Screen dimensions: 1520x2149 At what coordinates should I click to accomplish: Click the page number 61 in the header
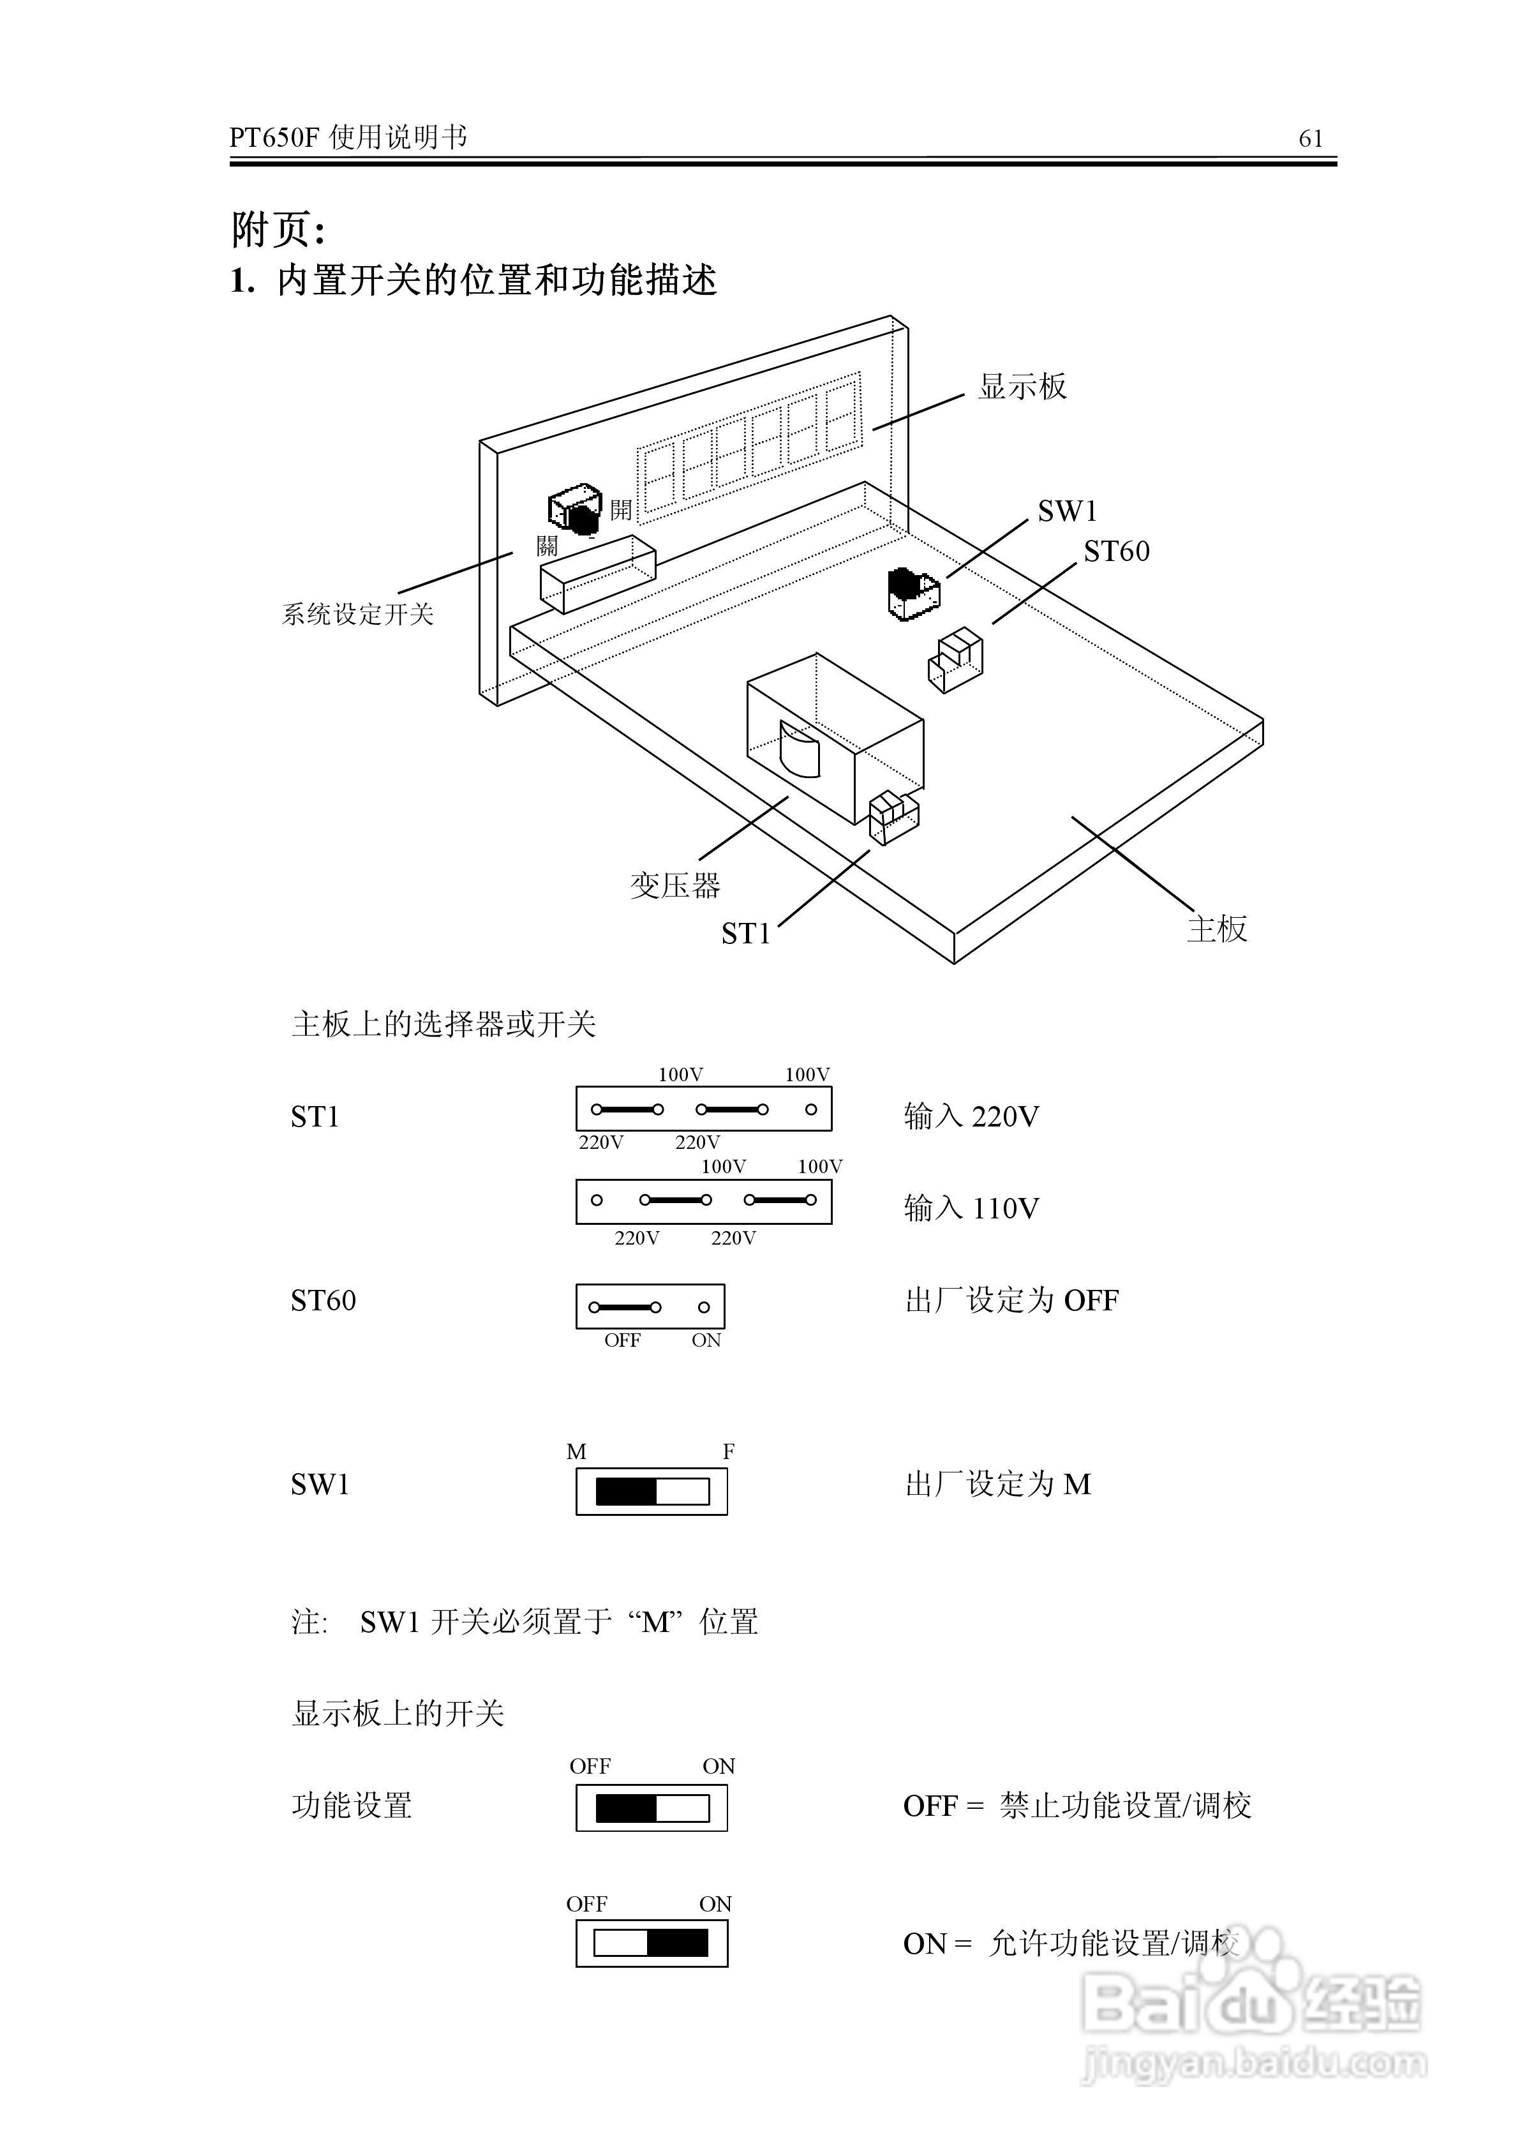(x=1310, y=139)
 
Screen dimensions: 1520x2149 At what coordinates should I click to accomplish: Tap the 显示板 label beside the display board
(x=1022, y=386)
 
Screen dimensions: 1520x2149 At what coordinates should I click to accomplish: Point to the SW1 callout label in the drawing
(x=1067, y=511)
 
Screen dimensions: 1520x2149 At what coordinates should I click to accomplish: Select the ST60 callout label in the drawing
(x=1117, y=551)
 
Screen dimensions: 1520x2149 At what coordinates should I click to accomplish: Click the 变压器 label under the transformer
(x=675, y=885)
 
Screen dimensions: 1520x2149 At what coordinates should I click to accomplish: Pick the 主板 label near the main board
(x=1217, y=929)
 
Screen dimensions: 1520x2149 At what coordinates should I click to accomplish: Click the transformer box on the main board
(x=835, y=738)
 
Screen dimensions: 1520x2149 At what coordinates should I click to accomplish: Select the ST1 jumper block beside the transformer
(x=894, y=817)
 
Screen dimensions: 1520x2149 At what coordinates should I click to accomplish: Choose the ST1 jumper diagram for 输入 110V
(x=704, y=1201)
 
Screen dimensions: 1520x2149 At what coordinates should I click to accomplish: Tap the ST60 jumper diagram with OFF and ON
(x=650, y=1307)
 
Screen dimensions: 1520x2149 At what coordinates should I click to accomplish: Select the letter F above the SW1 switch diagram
(x=728, y=1451)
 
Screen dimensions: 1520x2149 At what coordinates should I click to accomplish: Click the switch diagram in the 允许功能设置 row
(x=652, y=1944)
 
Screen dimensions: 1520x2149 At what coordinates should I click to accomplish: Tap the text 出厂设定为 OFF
(x=1012, y=1300)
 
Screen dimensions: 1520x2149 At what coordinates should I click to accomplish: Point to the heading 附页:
(x=278, y=229)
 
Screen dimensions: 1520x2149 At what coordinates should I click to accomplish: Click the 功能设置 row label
(x=352, y=1806)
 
